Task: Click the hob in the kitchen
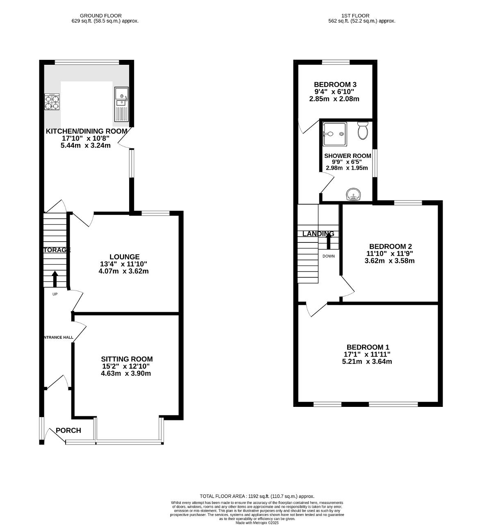pos(52,102)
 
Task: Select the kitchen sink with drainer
pos(121,104)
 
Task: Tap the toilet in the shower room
pos(362,130)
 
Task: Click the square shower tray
pos(334,134)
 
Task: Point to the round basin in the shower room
pos(352,194)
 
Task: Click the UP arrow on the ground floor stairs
pos(55,278)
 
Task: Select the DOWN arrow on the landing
pos(328,241)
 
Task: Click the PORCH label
pos(68,430)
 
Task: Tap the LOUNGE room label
pos(124,257)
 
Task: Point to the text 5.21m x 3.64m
pos(367,361)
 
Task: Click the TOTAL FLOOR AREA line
pos(257,496)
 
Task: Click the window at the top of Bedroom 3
pos(336,62)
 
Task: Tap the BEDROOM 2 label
pos(390,247)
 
